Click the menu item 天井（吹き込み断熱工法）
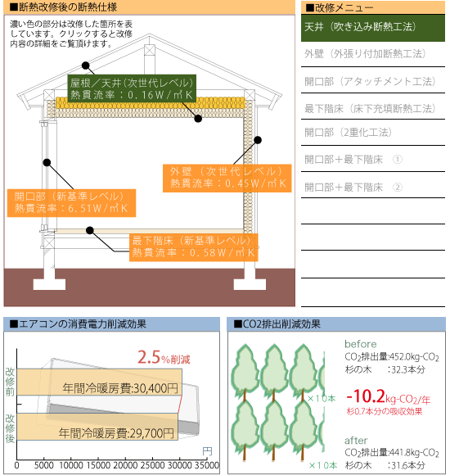tap(373, 28)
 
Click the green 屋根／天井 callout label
tap(132, 88)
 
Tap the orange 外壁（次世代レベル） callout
tap(227, 179)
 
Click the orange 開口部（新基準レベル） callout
tap(71, 203)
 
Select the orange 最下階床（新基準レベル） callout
tap(194, 247)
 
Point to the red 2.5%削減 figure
tap(164, 357)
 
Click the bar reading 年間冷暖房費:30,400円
tap(99, 382)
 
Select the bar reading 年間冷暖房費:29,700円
tap(97, 427)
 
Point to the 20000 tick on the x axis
tap(125, 465)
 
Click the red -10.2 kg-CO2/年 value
tap(389, 397)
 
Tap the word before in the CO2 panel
tap(361, 344)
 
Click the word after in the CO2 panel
tap(356, 440)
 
